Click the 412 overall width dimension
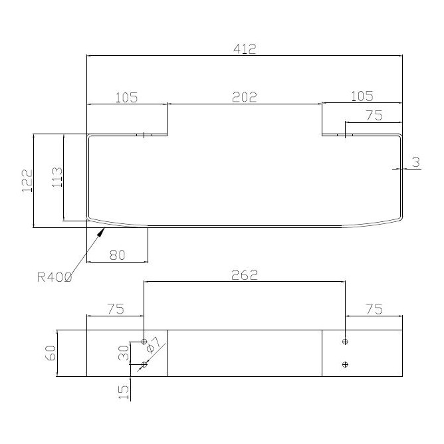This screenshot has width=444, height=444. pos(245,49)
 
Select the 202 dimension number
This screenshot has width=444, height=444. pos(245,97)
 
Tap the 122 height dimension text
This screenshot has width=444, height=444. pos(27,181)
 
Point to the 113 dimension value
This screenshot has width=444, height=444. pos(57,177)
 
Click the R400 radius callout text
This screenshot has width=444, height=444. pos(55,277)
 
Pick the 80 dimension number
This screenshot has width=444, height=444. pos(117,255)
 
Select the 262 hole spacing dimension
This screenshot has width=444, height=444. pos(245,275)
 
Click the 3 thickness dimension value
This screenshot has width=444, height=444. pos(415,162)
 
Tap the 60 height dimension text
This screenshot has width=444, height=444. pos(51,353)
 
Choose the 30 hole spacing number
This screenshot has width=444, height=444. pos(124,353)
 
